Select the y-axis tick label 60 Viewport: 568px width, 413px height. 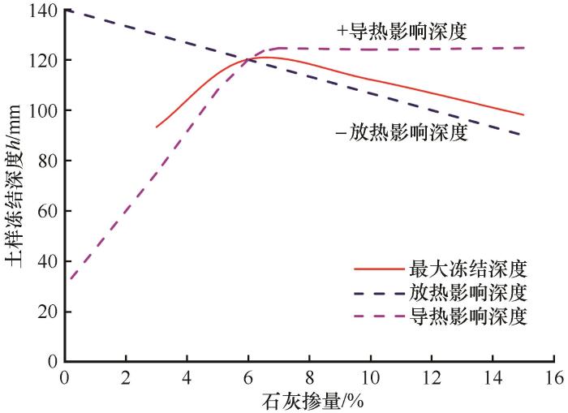point(47,211)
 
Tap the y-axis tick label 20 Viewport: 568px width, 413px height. point(47,312)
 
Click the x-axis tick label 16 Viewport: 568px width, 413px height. point(554,378)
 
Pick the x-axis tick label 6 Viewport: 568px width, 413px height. point(247,378)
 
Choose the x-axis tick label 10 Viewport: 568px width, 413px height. point(370,378)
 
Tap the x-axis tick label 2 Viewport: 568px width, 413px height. point(125,378)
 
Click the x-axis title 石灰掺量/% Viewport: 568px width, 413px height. point(308,400)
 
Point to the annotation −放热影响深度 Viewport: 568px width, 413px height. point(402,132)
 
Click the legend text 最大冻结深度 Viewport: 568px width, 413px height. point(470,267)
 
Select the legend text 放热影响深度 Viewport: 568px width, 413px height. point(470,291)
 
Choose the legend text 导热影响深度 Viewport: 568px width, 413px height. point(470,316)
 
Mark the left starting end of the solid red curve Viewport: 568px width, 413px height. point(157,127)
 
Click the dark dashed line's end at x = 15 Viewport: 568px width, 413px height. point(523,136)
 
